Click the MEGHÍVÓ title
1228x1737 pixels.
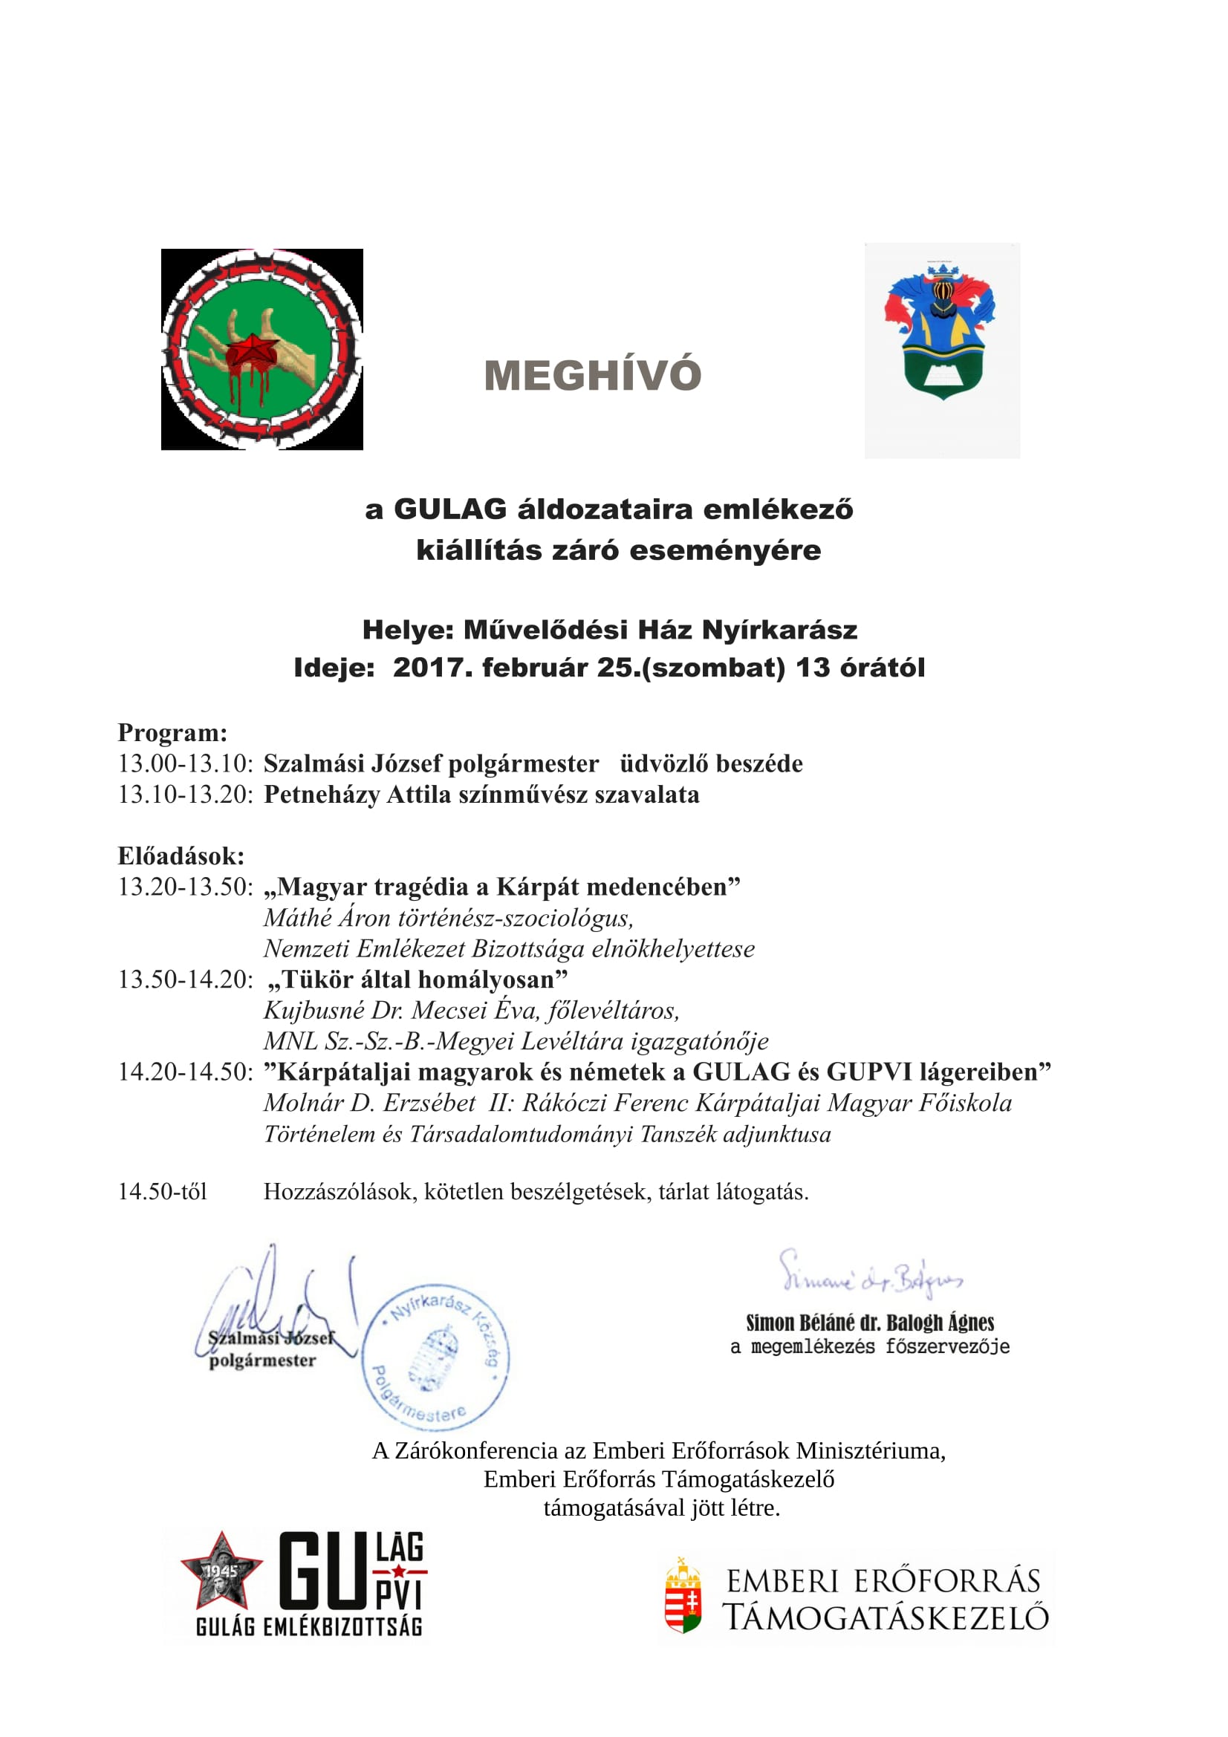[592, 376]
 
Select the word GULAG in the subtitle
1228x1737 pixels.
[450, 509]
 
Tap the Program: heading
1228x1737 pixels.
[172, 732]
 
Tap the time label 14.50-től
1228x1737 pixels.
[163, 1191]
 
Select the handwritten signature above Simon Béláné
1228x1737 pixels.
[870, 1278]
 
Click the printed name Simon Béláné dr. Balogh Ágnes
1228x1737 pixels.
[869, 1323]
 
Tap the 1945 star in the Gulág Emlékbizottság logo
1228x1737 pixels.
[221, 1573]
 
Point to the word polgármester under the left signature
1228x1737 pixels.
[262, 1360]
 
